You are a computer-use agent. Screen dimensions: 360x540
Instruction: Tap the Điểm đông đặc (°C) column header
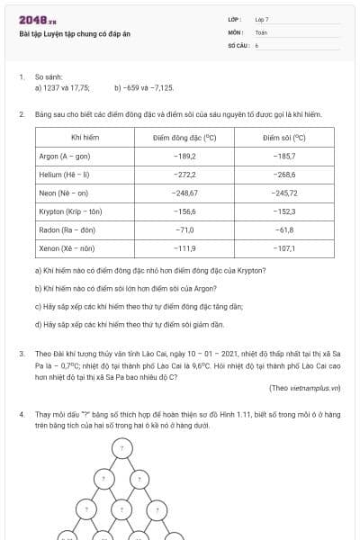(185, 138)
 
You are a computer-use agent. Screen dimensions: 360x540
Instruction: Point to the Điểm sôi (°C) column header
(284, 138)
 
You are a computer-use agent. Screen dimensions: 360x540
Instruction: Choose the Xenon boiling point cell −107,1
(284, 248)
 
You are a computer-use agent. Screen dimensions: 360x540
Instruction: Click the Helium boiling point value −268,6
(284, 175)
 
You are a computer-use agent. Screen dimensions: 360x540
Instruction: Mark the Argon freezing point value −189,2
(185, 156)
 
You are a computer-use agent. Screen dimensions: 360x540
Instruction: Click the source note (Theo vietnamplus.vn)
(305, 388)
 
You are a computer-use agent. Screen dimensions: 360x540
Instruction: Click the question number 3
(22, 355)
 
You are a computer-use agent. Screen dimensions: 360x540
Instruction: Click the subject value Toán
(261, 31)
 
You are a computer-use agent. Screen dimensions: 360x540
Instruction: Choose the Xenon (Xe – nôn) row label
(67, 248)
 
